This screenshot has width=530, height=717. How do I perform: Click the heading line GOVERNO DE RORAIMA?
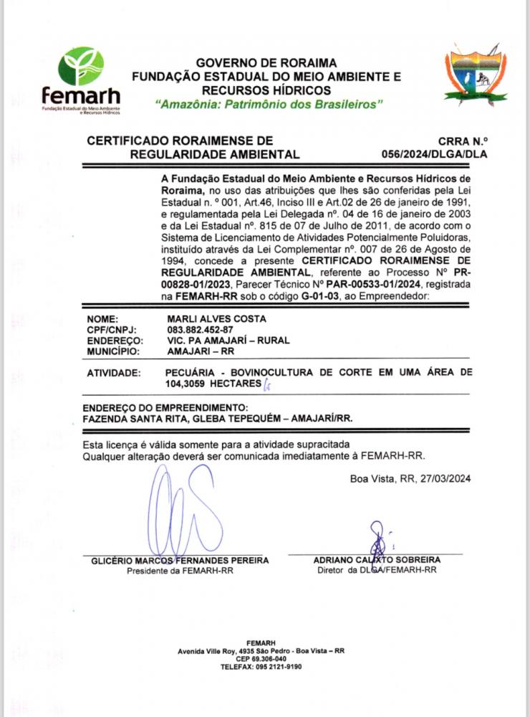click(266, 63)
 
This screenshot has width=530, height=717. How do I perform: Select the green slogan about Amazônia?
click(269, 105)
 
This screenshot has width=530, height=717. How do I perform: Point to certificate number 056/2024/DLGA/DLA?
click(434, 154)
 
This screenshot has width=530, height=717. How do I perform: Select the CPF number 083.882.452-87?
click(196, 330)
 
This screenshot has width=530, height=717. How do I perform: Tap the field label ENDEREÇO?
click(115, 341)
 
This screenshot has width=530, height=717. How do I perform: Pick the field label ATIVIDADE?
click(112, 374)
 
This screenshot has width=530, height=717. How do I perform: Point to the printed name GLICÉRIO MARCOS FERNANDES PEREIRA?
click(180, 560)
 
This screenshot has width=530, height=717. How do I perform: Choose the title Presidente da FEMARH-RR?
click(180, 571)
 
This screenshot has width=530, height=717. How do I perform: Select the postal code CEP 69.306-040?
click(261, 658)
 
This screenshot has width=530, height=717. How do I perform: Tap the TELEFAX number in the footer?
click(261, 666)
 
